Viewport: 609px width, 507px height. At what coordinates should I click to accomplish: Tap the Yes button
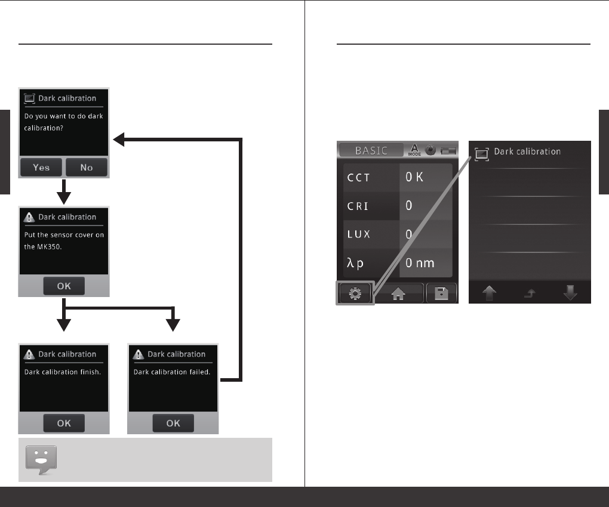click(x=41, y=168)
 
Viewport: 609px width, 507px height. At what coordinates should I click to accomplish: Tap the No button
click(x=87, y=168)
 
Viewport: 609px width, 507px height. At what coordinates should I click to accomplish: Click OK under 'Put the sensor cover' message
click(x=64, y=286)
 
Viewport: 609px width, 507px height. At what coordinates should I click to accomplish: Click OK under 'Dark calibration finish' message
click(x=64, y=423)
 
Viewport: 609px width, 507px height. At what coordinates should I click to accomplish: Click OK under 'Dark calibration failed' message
click(x=173, y=423)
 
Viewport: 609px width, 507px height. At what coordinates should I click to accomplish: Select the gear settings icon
click(x=355, y=293)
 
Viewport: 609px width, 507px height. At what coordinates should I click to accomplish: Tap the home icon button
click(x=398, y=293)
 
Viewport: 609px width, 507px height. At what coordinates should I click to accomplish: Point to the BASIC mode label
click(x=371, y=151)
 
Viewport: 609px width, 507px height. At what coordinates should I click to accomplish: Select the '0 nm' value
click(x=425, y=262)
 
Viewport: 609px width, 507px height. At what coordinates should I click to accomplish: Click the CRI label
click(x=358, y=206)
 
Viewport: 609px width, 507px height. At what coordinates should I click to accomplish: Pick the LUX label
click(x=359, y=234)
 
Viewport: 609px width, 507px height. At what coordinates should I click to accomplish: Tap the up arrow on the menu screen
click(x=489, y=294)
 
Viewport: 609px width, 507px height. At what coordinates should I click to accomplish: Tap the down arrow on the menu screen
click(x=570, y=294)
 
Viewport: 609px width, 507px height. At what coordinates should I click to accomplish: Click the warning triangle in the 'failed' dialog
click(x=139, y=354)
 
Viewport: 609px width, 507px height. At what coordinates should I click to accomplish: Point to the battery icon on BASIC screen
click(x=447, y=151)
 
